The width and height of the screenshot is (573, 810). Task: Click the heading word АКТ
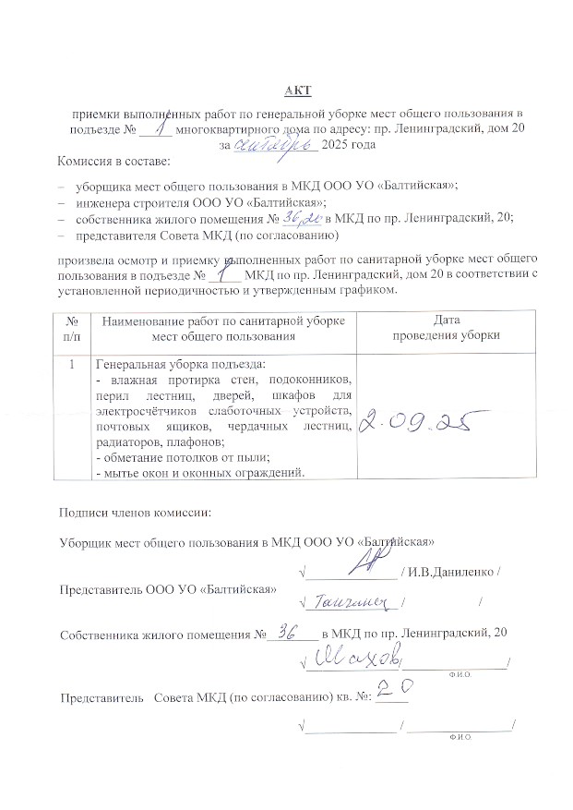(x=298, y=90)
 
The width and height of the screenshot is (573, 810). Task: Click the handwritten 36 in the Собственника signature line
(x=287, y=633)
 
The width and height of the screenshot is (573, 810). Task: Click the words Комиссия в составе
(x=107, y=163)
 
